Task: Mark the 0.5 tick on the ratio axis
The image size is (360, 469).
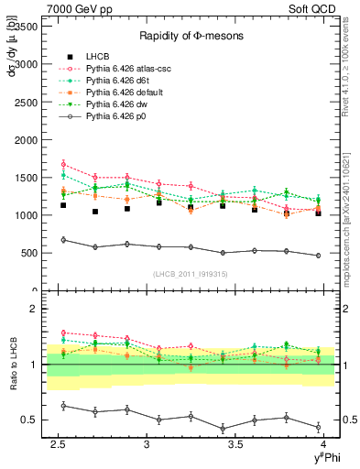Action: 32,420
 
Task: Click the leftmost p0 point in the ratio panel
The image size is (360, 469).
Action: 62,405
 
